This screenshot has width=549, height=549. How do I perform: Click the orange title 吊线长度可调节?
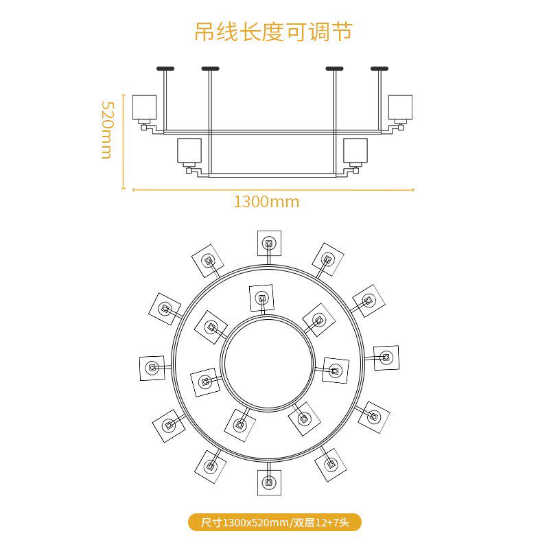click(x=273, y=32)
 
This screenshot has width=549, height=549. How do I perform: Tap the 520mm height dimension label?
click(x=106, y=130)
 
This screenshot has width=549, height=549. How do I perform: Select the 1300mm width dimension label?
click(x=266, y=202)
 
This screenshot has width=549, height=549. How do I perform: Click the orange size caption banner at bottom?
click(x=274, y=523)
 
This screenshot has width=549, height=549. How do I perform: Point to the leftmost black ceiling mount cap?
click(x=165, y=68)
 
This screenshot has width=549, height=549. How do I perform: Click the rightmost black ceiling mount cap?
click(x=379, y=68)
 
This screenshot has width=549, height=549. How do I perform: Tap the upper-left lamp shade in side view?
click(x=145, y=107)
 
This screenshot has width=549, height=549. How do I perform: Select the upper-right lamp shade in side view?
click(x=400, y=107)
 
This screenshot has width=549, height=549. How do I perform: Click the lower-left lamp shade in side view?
click(x=189, y=150)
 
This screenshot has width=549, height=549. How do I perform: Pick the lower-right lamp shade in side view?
click(x=355, y=150)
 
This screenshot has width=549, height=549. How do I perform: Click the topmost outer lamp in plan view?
click(x=269, y=243)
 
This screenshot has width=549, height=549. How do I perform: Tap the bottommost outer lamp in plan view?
click(x=269, y=482)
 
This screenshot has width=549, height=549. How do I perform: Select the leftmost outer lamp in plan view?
click(x=151, y=368)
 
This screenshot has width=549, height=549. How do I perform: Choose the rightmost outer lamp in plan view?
click(x=386, y=358)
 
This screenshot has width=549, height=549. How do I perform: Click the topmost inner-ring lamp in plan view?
click(x=262, y=299)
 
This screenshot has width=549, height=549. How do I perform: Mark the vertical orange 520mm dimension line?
click(x=124, y=141)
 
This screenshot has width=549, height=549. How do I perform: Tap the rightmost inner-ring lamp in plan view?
click(x=336, y=371)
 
